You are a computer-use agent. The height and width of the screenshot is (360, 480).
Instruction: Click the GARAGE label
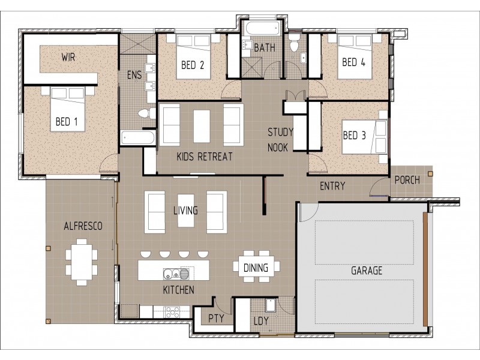(x=367, y=271)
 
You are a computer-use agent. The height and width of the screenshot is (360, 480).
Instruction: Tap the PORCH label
(x=407, y=180)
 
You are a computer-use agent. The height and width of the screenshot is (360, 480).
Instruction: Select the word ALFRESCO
(x=83, y=226)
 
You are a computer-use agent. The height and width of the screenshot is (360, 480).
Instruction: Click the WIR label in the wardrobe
(x=68, y=57)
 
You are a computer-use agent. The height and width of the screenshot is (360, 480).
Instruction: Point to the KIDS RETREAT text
(x=205, y=157)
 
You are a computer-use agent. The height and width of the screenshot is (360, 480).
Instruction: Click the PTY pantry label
(x=216, y=319)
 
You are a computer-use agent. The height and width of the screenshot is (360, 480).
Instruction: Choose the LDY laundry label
(x=261, y=321)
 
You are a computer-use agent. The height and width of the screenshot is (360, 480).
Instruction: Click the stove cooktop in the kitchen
(x=172, y=313)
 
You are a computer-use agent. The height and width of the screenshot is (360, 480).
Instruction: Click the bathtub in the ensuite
(x=138, y=138)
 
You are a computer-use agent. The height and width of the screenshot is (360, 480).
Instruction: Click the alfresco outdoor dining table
(x=82, y=262)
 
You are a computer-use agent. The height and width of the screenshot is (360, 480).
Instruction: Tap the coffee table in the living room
(x=186, y=211)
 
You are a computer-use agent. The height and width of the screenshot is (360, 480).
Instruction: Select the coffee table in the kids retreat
(x=202, y=127)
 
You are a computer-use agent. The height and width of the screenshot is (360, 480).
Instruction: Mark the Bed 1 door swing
(x=109, y=164)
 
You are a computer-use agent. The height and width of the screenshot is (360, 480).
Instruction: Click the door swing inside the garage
(x=309, y=212)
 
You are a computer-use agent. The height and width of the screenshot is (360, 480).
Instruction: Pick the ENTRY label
(x=332, y=186)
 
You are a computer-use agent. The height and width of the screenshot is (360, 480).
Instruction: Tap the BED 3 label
(x=354, y=136)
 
